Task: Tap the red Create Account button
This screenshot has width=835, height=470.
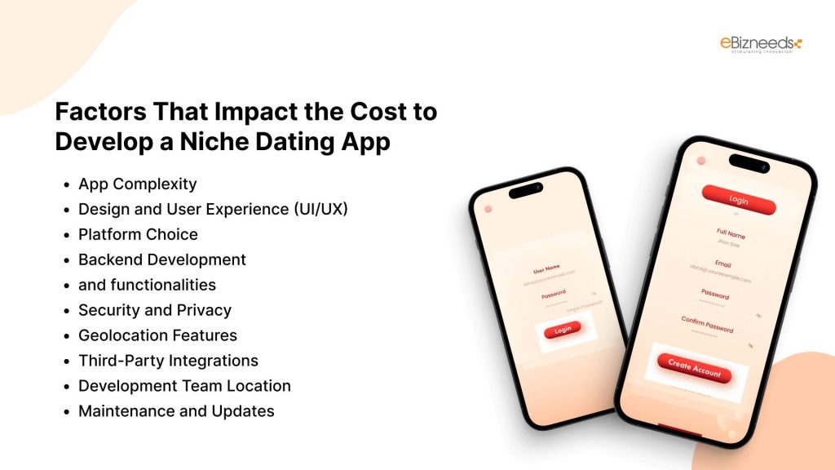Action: (695, 369)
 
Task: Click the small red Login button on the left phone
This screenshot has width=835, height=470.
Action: (563, 330)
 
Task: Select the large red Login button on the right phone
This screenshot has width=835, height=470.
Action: (739, 201)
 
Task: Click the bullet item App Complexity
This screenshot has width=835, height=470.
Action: (137, 184)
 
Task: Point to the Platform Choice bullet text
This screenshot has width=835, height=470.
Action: (138, 234)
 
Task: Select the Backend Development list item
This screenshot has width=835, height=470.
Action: (161, 259)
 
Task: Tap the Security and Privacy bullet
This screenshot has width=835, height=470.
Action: (154, 310)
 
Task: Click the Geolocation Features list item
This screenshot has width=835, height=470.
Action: (157, 335)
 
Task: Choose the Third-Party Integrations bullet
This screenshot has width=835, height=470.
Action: (168, 361)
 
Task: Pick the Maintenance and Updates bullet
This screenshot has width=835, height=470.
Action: (176, 411)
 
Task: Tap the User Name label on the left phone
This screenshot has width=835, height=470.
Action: (546, 269)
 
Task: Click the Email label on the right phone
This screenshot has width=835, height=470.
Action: (725, 264)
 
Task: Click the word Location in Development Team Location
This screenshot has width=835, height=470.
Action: (257, 386)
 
